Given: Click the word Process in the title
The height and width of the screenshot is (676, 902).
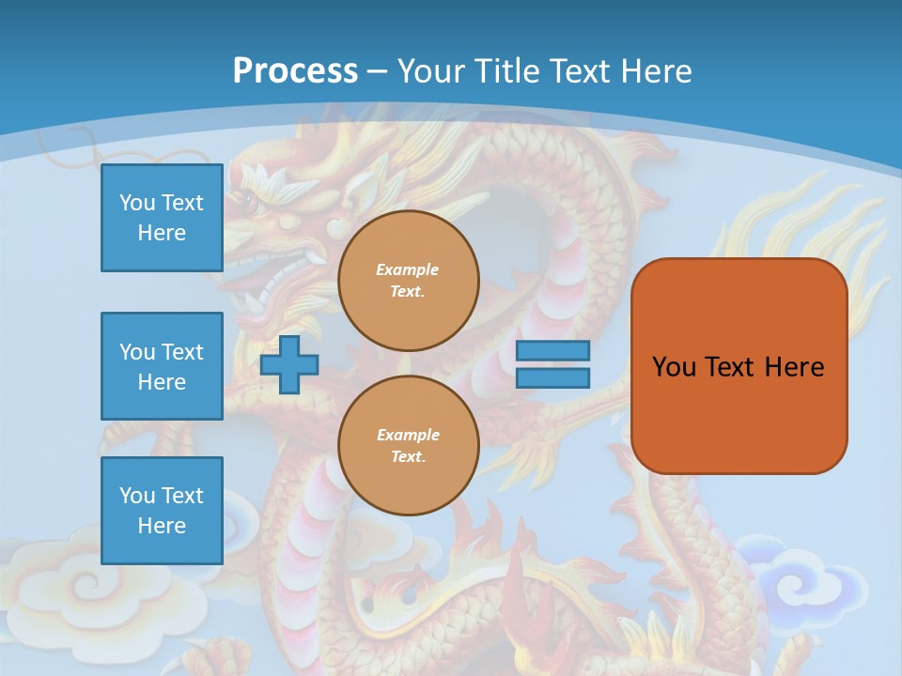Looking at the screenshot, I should pyautogui.click(x=295, y=70).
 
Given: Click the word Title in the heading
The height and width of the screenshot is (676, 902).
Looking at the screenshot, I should pyautogui.click(x=505, y=71).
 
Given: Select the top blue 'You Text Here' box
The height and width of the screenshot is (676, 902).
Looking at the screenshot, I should pyautogui.click(x=162, y=218).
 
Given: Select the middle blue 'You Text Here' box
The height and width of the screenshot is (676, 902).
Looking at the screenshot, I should pyautogui.click(x=162, y=366).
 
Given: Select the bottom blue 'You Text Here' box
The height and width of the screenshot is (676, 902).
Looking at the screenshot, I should pyautogui.click(x=162, y=510).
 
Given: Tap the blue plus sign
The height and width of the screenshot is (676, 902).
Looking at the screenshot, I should pyautogui.click(x=288, y=364).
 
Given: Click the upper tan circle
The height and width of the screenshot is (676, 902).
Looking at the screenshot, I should pyautogui.click(x=408, y=281).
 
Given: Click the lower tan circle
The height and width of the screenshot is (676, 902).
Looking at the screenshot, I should pyautogui.click(x=408, y=446).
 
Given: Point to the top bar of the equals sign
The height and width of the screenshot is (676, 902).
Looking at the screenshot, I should pyautogui.click(x=552, y=350).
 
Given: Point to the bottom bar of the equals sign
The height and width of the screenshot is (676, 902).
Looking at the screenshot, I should pyautogui.click(x=552, y=377).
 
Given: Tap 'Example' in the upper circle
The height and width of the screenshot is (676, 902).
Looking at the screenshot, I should pyautogui.click(x=408, y=269).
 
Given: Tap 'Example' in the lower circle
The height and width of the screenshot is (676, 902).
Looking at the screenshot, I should pyautogui.click(x=408, y=435).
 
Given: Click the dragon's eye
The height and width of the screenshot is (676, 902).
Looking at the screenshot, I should pyautogui.click(x=250, y=200).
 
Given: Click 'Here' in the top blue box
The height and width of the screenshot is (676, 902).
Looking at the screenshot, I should pyautogui.click(x=162, y=233).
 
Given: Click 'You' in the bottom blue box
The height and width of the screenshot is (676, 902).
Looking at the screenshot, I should pyautogui.click(x=137, y=496).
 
